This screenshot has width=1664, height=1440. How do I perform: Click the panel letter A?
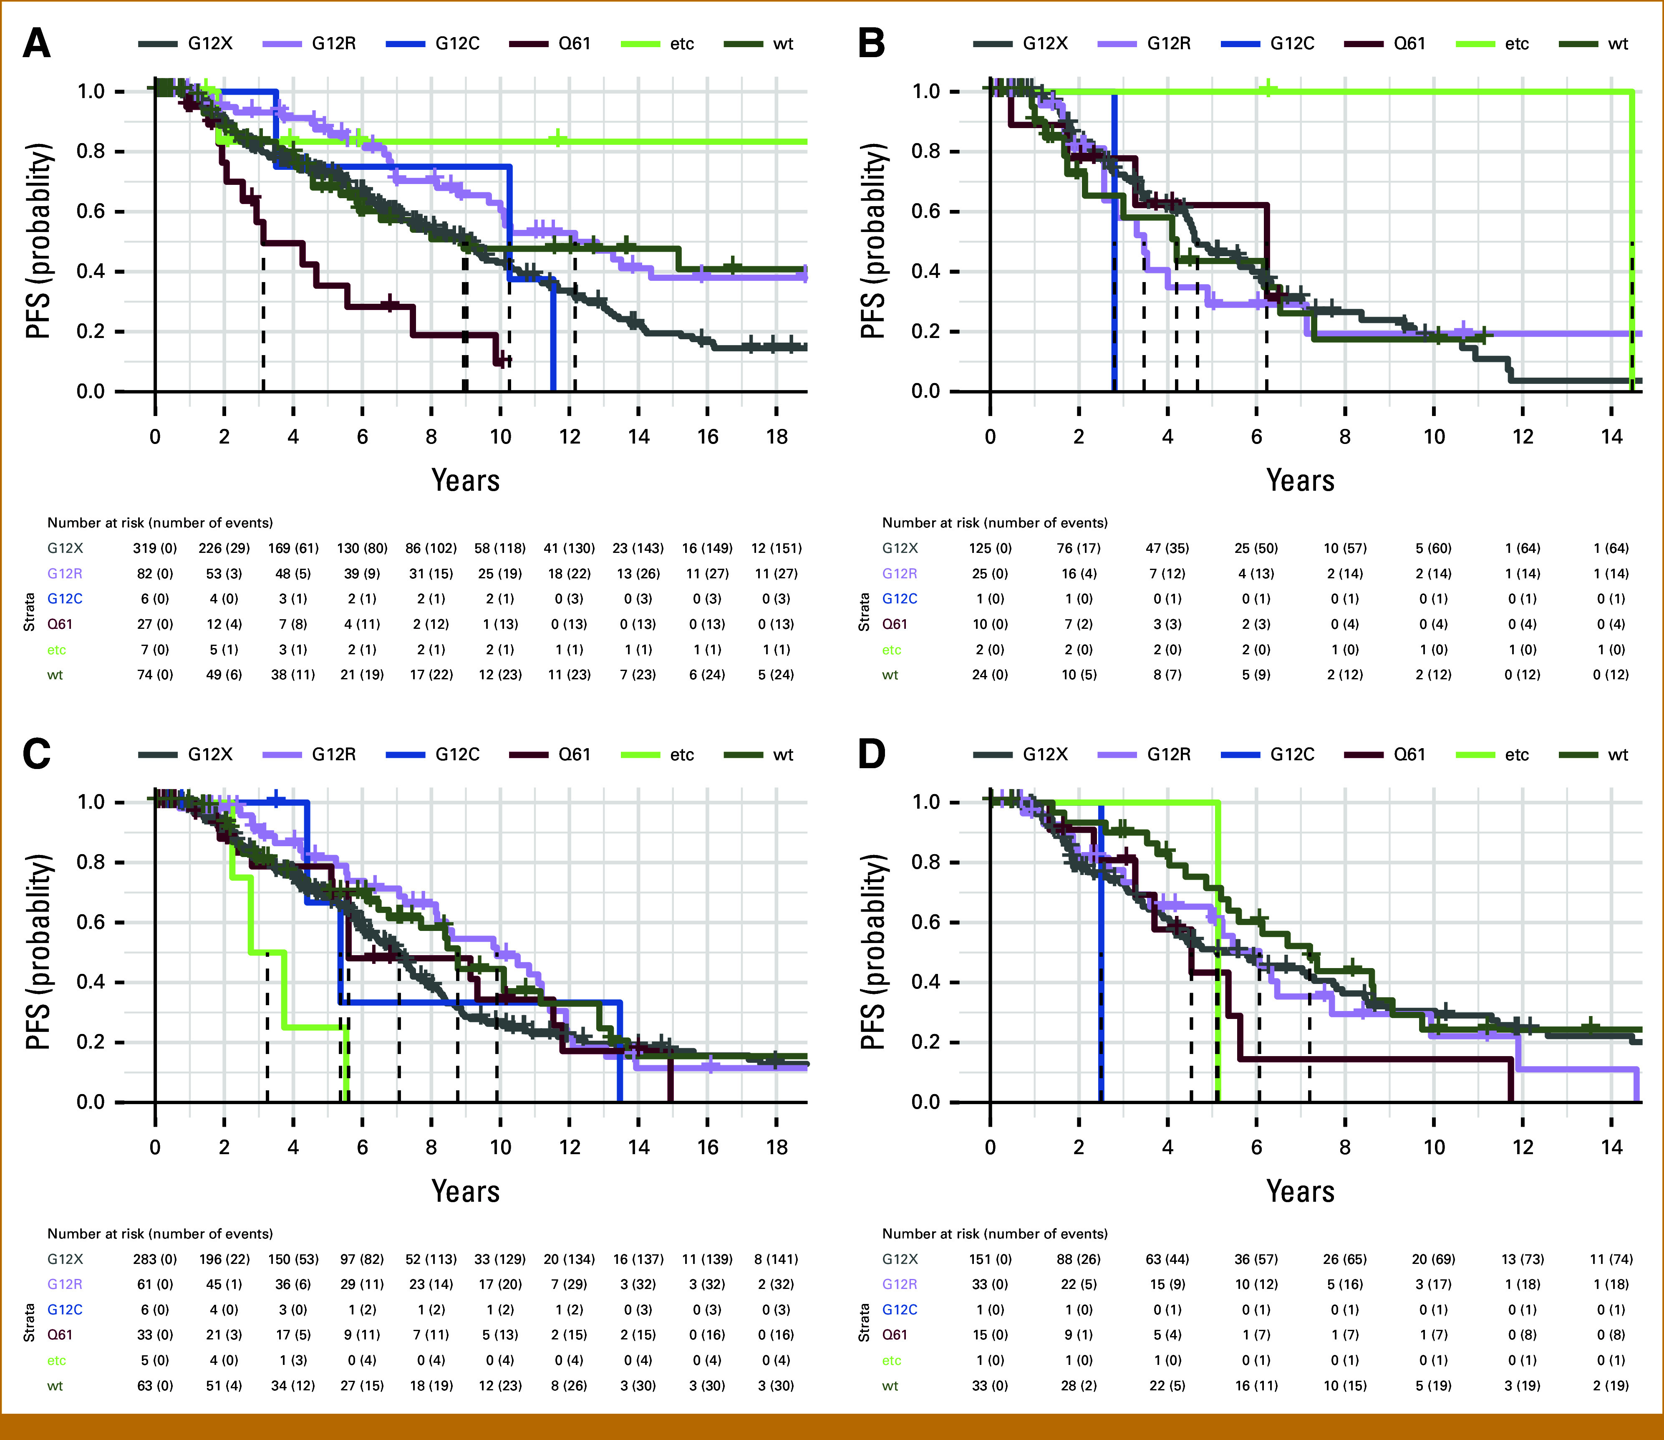click(37, 43)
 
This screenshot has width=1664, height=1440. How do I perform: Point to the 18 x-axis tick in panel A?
click(776, 436)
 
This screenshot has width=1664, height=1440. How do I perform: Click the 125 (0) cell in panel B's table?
click(990, 548)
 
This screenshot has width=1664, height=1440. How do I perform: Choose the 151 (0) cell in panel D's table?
click(990, 1259)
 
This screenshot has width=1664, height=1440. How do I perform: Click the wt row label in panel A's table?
click(55, 675)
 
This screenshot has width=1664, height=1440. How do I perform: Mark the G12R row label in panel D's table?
click(900, 1284)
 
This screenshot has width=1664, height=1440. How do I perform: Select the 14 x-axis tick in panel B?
click(1611, 436)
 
